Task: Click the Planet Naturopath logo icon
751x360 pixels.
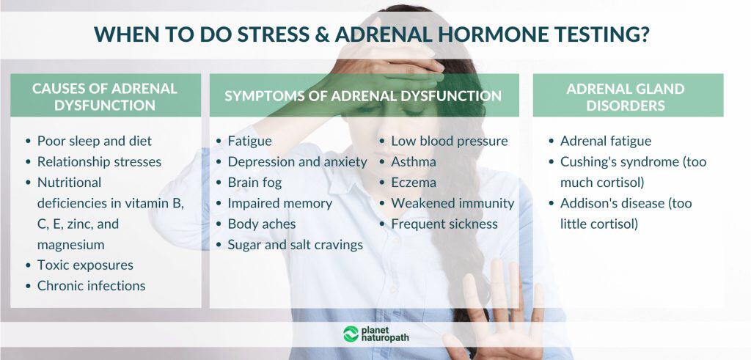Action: click(x=351, y=334)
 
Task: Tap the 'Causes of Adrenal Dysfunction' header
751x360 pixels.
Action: click(x=105, y=97)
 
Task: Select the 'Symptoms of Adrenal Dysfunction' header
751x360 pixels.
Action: click(x=363, y=96)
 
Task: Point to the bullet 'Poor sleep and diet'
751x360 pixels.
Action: click(x=95, y=141)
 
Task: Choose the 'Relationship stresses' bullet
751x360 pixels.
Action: click(x=99, y=161)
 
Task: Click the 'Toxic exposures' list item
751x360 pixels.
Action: click(x=85, y=265)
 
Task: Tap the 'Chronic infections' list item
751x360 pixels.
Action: click(x=91, y=286)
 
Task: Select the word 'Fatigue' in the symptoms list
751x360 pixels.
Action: click(x=249, y=141)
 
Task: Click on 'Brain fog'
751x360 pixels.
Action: click(x=254, y=183)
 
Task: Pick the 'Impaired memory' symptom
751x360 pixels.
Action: click(x=279, y=203)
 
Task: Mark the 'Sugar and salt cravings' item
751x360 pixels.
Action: click(x=295, y=245)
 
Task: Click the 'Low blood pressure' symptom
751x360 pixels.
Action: click(x=449, y=141)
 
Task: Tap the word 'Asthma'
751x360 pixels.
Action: click(x=413, y=161)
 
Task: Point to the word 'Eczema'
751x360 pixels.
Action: click(x=413, y=183)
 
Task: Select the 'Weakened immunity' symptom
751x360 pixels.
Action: click(x=452, y=203)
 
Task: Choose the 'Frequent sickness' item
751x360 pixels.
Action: click(x=444, y=224)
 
